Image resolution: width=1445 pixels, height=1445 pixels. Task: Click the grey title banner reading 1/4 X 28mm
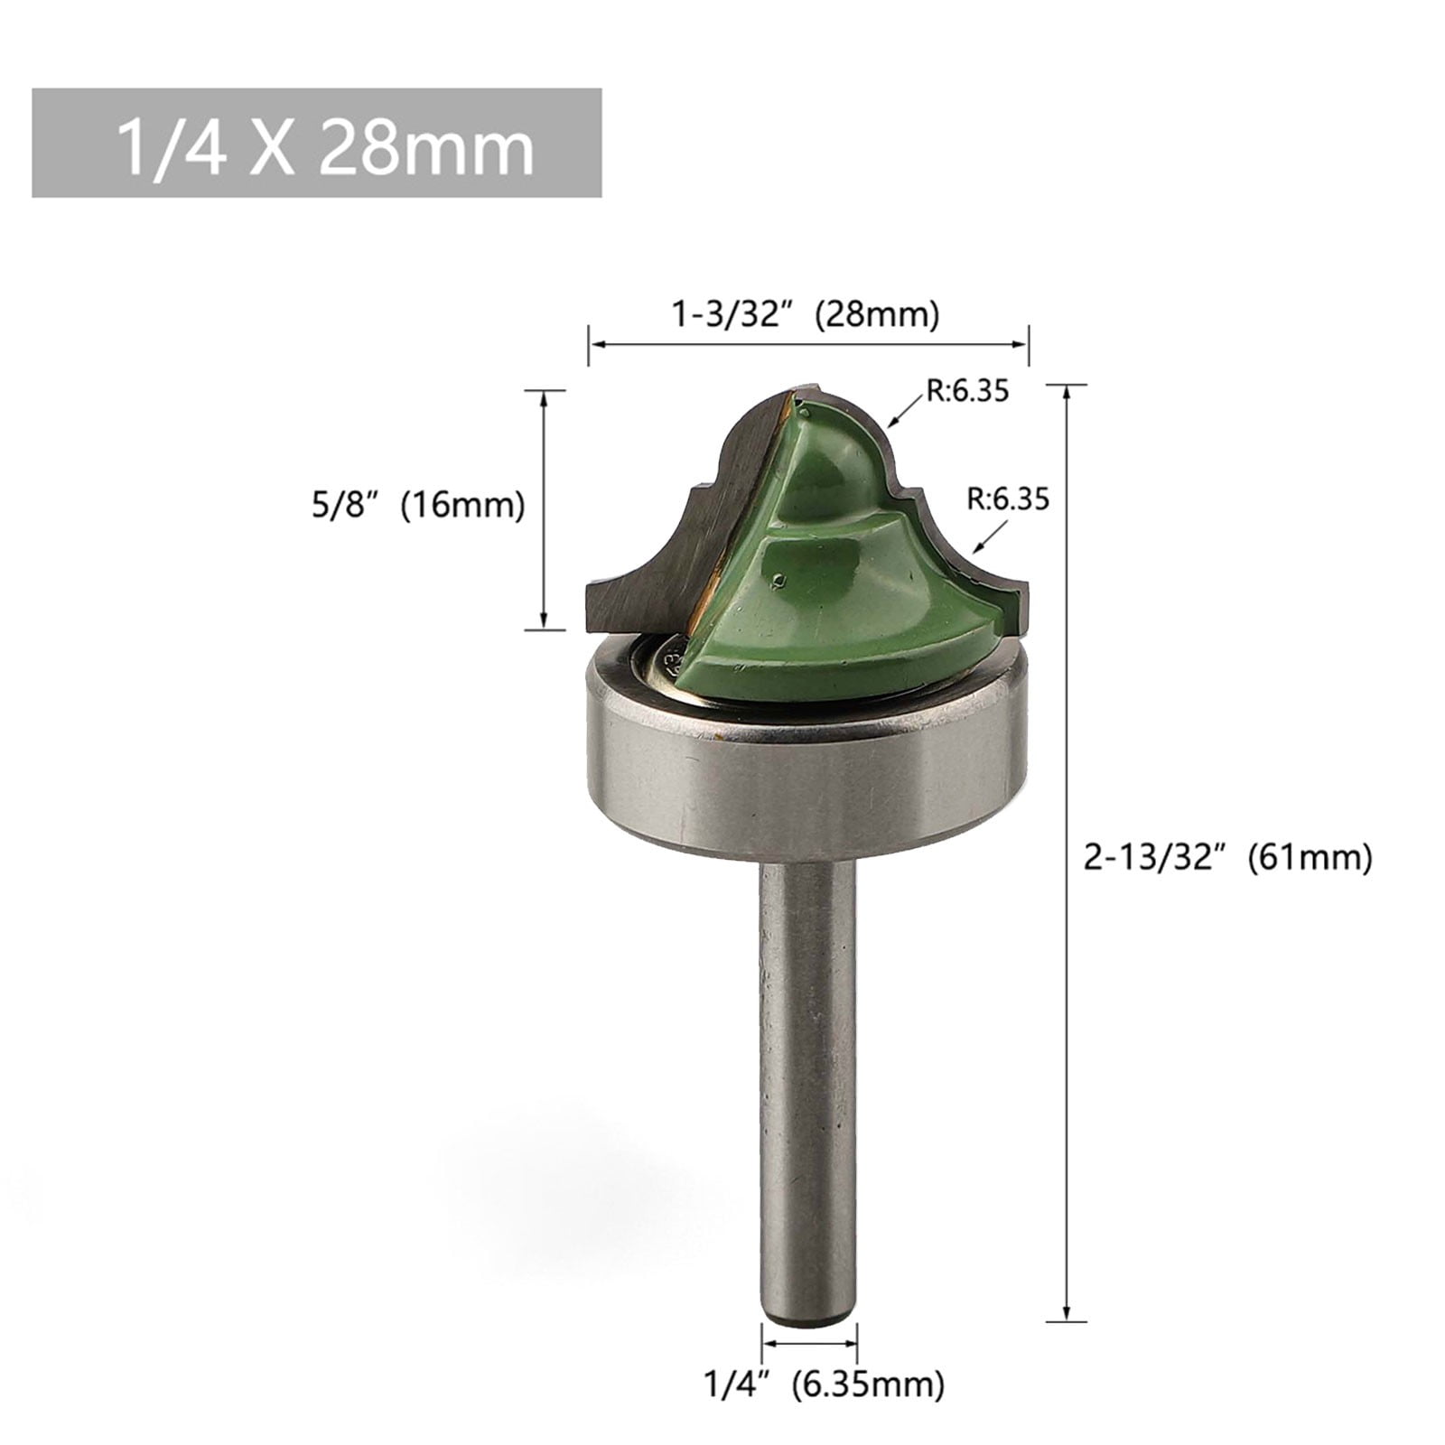pyautogui.click(x=316, y=142)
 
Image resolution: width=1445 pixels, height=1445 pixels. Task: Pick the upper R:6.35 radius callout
pyautogui.click(x=965, y=391)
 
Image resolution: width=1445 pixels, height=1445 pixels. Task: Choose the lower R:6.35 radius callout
pyautogui.click(x=1007, y=499)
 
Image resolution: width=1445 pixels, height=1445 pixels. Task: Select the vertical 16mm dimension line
pyautogui.click(x=544, y=508)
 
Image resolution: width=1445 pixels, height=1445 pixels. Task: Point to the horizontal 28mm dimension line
pyautogui.click(x=808, y=343)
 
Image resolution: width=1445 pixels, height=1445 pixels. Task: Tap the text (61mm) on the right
pyautogui.click(x=1310, y=856)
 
